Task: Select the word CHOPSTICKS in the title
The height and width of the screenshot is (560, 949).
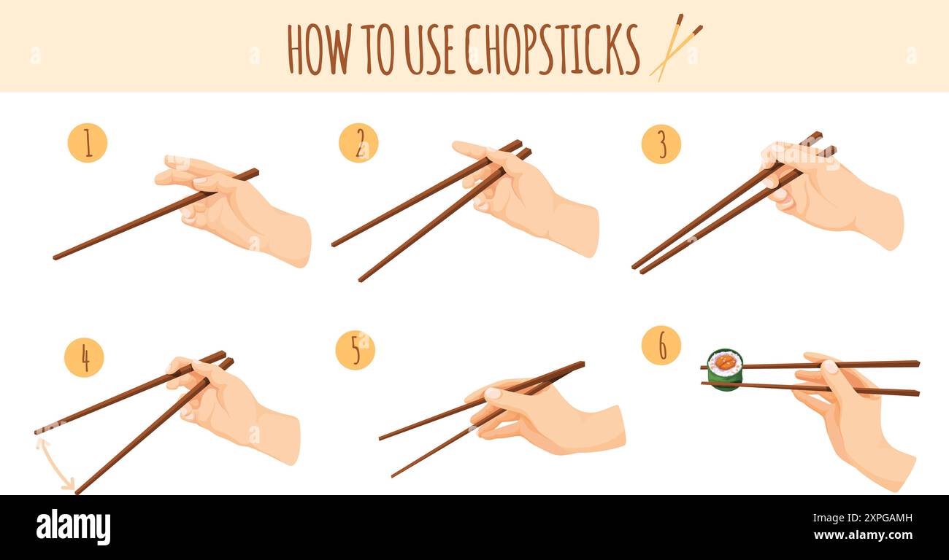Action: point(552,49)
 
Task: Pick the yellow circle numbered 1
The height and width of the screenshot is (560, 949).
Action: point(88,143)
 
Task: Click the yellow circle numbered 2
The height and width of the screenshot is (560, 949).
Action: point(358,143)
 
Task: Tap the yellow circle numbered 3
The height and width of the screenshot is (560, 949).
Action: point(661,144)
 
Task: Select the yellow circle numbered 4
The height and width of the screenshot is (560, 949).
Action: point(84,357)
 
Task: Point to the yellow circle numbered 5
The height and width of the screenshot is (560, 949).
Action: point(355,350)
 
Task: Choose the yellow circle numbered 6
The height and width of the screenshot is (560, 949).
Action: point(661,345)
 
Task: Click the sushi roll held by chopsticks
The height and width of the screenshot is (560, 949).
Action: point(724,370)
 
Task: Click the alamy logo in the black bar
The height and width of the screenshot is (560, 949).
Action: point(74,527)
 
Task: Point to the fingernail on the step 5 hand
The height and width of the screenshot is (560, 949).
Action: point(493,394)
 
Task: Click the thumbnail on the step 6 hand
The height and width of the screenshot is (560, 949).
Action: point(829,367)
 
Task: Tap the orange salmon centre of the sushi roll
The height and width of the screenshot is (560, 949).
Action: point(725,362)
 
